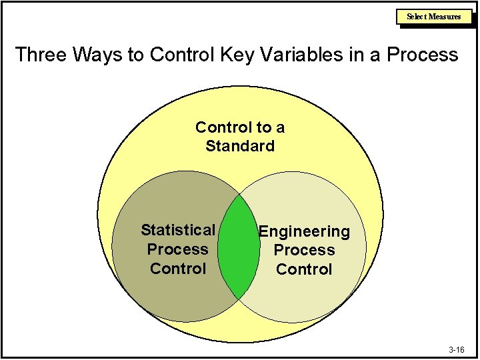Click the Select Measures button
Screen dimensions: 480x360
pyautogui.click(x=434, y=17)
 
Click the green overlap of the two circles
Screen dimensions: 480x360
pyautogui.click(x=239, y=247)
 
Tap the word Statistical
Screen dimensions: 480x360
pyautogui.click(x=177, y=231)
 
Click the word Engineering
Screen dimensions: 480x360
pyautogui.click(x=304, y=232)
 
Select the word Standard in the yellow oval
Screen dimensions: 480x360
pyautogui.click(x=240, y=146)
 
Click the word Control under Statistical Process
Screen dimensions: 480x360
pyautogui.click(x=178, y=269)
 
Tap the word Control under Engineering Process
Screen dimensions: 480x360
pyautogui.click(x=304, y=269)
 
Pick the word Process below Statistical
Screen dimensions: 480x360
pyautogui.click(x=178, y=249)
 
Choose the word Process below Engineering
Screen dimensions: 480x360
pyautogui.click(x=304, y=251)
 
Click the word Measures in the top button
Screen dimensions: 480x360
pyautogui.click(x=445, y=17)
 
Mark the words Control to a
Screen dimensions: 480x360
pyautogui.click(x=240, y=127)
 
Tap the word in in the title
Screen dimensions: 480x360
pyautogui.click(x=353, y=55)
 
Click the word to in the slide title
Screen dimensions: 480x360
pyautogui.click(x=136, y=55)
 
